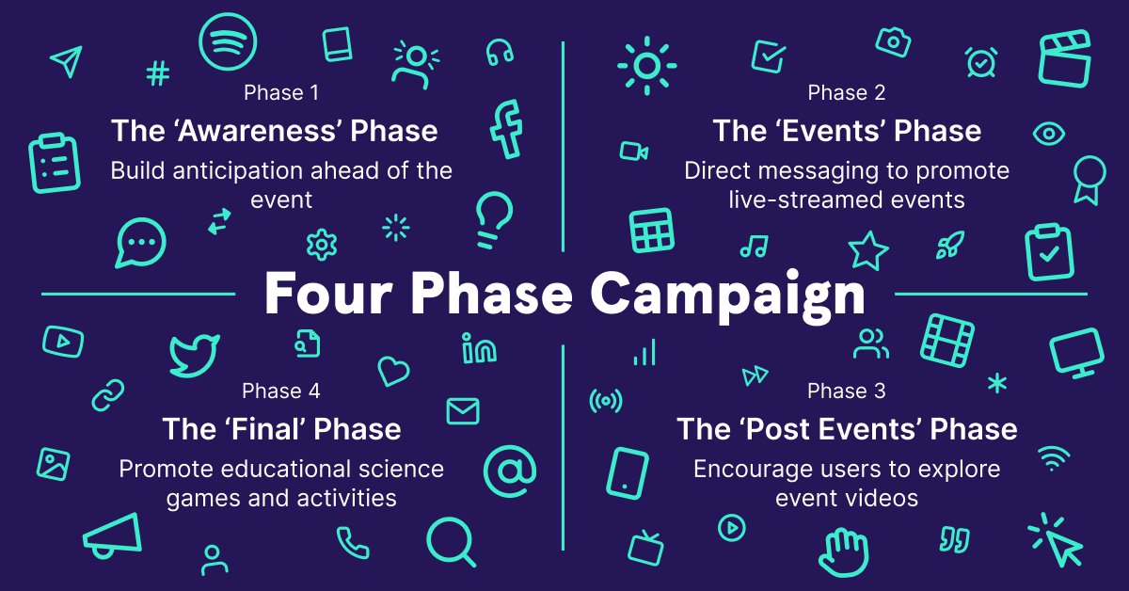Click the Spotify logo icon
[228, 41]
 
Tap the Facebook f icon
[506, 130]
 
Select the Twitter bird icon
[194, 356]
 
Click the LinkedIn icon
[479, 348]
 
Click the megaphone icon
[113, 535]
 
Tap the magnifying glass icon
[451, 541]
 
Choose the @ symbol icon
[510, 471]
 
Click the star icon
[867, 250]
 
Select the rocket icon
[950, 245]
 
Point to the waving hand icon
[843, 552]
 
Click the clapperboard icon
[1064, 58]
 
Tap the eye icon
[1048, 134]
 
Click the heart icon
[393, 371]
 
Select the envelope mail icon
[463, 411]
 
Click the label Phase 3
[846, 391]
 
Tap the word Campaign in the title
[728, 295]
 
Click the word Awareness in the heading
[257, 131]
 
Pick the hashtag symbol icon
[158, 73]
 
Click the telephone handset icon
[353, 543]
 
